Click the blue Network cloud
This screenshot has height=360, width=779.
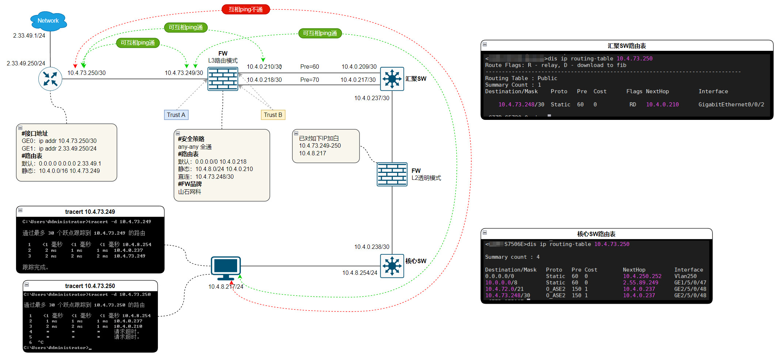48,21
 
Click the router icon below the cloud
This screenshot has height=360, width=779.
50,79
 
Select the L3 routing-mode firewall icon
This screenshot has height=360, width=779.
223,79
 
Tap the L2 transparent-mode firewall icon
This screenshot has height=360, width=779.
392,174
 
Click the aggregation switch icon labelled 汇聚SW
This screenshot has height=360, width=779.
392,79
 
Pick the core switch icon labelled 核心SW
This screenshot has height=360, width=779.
392,266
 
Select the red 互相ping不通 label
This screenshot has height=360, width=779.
246,9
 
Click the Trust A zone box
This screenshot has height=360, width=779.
176,115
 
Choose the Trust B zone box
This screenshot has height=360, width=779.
273,115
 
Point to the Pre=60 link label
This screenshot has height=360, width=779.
309,67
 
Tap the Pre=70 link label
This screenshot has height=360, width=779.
309,80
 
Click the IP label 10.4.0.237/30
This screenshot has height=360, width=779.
372,98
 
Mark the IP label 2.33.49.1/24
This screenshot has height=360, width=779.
29,35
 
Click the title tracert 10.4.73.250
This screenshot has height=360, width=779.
90,286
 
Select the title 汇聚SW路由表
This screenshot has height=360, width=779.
627,46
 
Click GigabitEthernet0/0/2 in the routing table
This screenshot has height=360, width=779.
731,105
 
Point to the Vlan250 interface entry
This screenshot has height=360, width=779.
685,276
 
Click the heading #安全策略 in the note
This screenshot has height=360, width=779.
191,139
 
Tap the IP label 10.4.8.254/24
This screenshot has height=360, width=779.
360,273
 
